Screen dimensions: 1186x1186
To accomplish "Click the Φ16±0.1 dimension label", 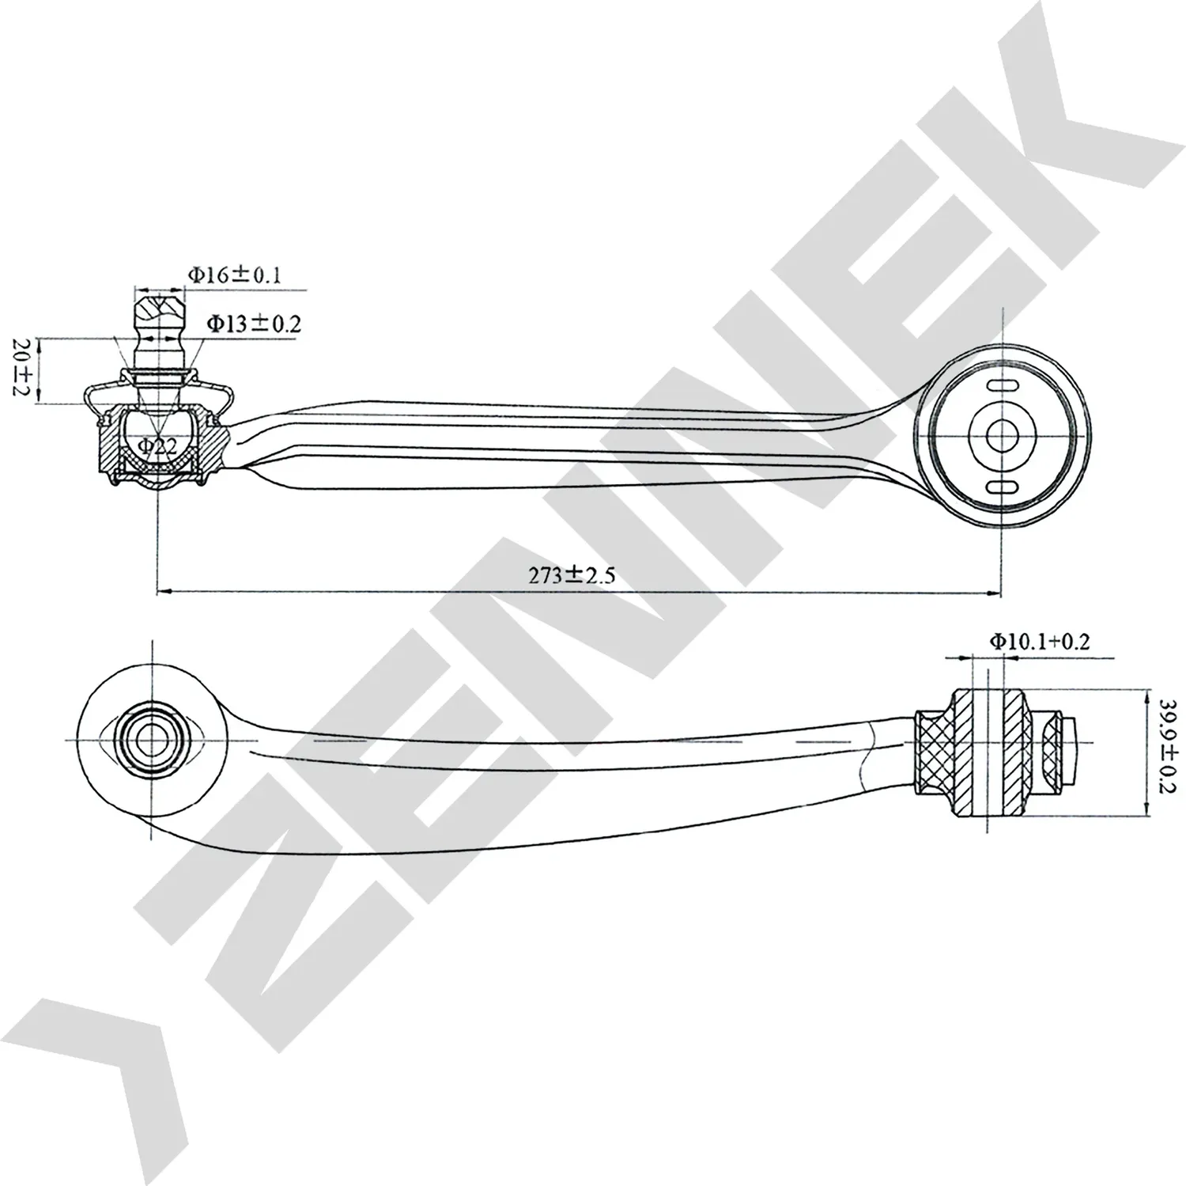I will tap(234, 275).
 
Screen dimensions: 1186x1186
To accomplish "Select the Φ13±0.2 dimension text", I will tap(253, 324).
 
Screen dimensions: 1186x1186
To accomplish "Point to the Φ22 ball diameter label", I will tap(157, 446).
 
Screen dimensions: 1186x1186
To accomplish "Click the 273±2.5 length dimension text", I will tap(571, 575).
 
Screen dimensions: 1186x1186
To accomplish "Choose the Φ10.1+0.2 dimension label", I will tap(1039, 641).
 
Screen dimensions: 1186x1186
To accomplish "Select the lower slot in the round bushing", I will tap(1003, 486).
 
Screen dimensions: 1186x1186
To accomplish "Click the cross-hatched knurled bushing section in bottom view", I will tap(934, 742).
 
